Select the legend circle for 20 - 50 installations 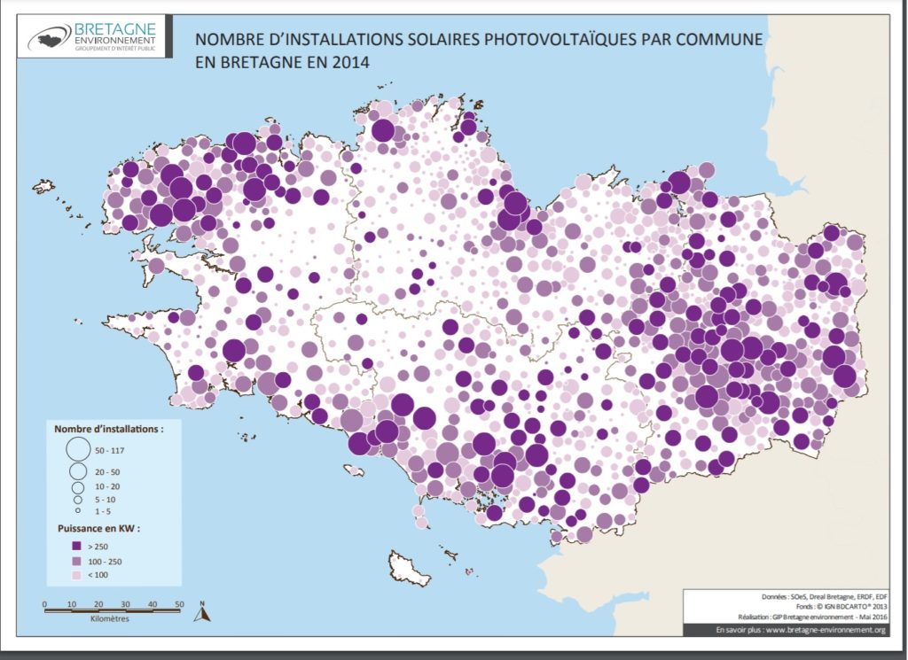point(78,470)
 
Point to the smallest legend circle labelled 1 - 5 point(78,511)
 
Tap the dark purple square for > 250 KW point(78,547)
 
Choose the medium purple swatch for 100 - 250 point(78,561)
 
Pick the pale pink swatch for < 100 point(78,576)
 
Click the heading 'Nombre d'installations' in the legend point(108,428)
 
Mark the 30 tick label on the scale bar point(125,604)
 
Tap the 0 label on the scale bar point(44,604)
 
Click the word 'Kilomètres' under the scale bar point(112,619)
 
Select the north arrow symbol point(201,610)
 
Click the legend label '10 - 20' point(106,486)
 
